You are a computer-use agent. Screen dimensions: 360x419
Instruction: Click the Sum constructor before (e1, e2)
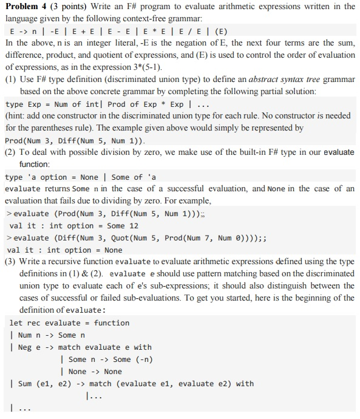pyautogui.click(x=25, y=383)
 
